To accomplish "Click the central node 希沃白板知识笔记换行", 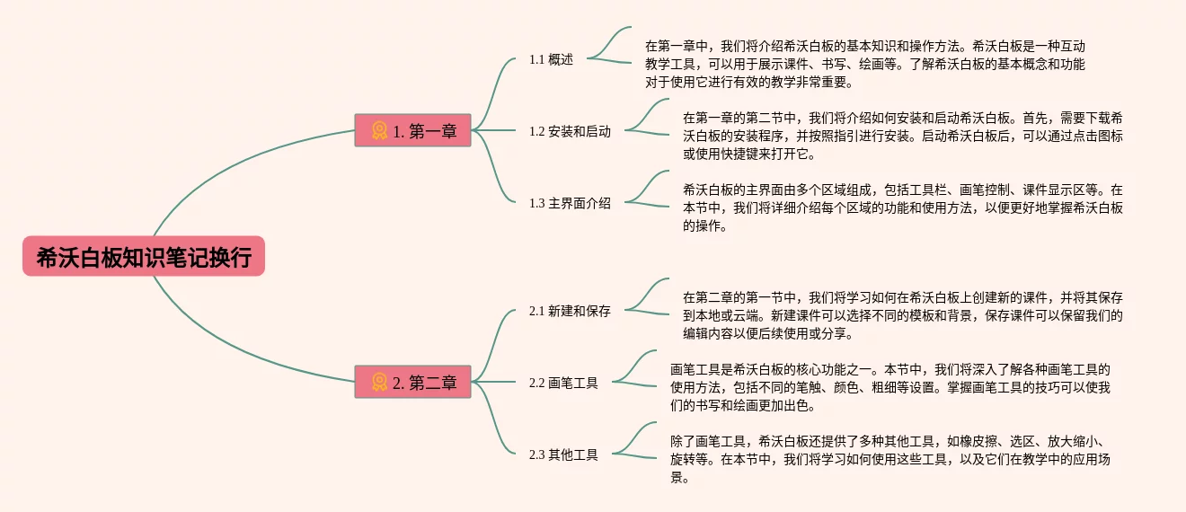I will [144, 257].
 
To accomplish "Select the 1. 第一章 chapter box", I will [413, 131].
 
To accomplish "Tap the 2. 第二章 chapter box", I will [413, 383].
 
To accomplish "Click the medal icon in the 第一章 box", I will [379, 131].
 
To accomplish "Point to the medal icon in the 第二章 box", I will [379, 383].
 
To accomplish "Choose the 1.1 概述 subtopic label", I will [551, 59].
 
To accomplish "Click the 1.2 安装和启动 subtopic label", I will [570, 131].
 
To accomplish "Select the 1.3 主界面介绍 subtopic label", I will [570, 203].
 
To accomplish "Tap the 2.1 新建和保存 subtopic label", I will [570, 311].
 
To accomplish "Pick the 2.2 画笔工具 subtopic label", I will [563, 383].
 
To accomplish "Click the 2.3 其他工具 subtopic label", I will [563, 455].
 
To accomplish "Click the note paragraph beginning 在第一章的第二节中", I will [902, 135].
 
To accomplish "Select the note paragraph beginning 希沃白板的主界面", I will [902, 207].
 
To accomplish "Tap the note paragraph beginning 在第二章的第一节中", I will [902, 314].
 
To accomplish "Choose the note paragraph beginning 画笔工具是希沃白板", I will [889, 386].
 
